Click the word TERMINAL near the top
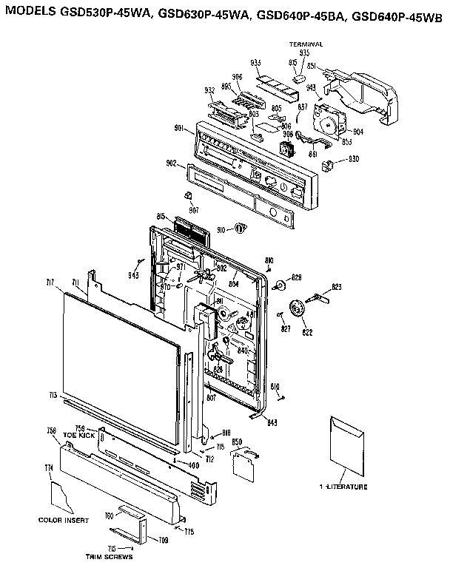click(x=306, y=44)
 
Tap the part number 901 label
click(x=178, y=129)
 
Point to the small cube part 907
click(x=189, y=195)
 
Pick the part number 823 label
click(x=336, y=286)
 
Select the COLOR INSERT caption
click(x=63, y=520)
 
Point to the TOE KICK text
click(x=75, y=436)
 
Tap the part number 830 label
click(x=353, y=160)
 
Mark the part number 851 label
click(x=312, y=65)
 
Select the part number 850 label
click(x=238, y=442)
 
